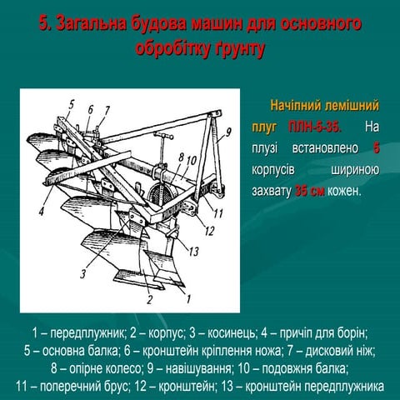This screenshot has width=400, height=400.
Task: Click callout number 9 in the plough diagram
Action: [x=227, y=133]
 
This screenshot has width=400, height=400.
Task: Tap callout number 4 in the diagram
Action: [x=42, y=211]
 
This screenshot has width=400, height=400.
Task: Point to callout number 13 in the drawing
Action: [x=193, y=252]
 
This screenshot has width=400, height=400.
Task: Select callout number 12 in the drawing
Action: [x=209, y=231]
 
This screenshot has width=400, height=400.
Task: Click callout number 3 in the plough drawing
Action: [x=83, y=274]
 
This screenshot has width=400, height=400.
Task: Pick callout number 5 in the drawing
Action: [x=71, y=105]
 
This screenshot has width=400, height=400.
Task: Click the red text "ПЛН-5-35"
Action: [x=314, y=127]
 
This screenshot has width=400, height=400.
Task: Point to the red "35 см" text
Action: [x=309, y=191]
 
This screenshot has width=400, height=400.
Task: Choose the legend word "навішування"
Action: [x=198, y=369]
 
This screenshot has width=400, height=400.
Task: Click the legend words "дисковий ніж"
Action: [x=340, y=351]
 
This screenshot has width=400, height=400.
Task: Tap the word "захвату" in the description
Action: [x=272, y=191]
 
